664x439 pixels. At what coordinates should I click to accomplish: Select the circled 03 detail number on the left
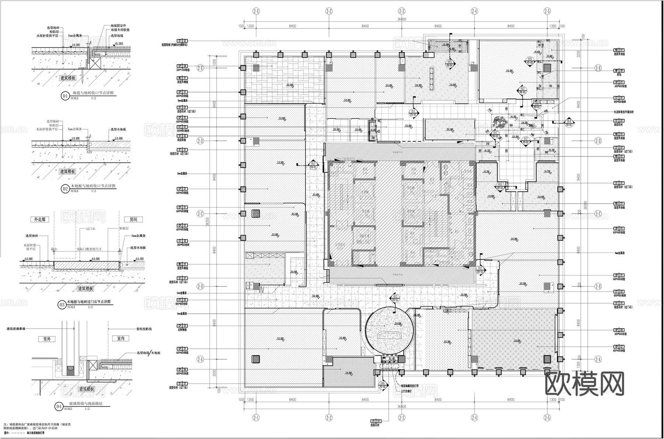pos(62,305)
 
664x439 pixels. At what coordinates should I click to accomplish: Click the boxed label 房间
pos(133,219)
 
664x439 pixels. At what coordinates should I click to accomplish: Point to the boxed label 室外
pos(47,339)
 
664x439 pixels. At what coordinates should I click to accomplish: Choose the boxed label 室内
pos(121,338)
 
